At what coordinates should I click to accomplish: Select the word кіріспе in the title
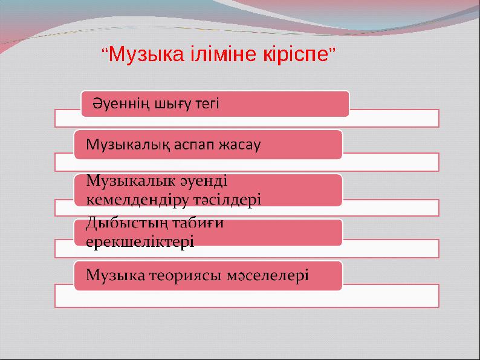point(292,56)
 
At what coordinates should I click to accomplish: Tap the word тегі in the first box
point(206,105)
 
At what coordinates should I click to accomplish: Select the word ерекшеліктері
point(140,241)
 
